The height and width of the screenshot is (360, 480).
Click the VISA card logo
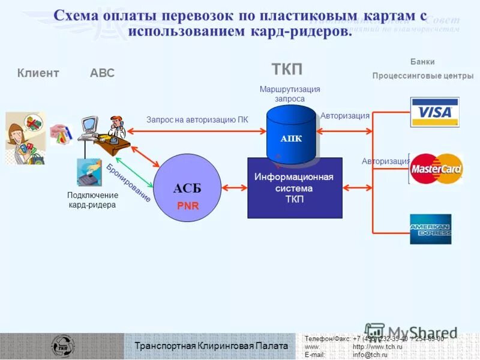[x=434, y=112]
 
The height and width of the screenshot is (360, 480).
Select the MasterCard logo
[x=436, y=169]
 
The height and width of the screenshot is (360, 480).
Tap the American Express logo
[x=430, y=229]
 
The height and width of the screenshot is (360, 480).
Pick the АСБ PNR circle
[x=187, y=188]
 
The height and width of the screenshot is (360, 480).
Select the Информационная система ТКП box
[x=295, y=188]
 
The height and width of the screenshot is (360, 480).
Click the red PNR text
[x=187, y=205]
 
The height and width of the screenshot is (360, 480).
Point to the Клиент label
[x=38, y=73]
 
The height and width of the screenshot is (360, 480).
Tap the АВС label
[x=102, y=73]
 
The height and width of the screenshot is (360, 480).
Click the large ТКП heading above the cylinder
[x=287, y=69]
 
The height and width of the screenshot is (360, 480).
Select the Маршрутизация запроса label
[x=290, y=94]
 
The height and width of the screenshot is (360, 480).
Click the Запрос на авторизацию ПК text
[x=197, y=119]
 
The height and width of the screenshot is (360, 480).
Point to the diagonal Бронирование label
[x=128, y=182]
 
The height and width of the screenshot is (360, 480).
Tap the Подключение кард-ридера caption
[x=92, y=200]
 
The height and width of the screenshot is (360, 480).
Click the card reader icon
[x=89, y=172]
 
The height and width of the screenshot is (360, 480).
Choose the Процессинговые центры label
[x=422, y=76]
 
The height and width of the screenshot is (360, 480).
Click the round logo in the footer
[x=63, y=346]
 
